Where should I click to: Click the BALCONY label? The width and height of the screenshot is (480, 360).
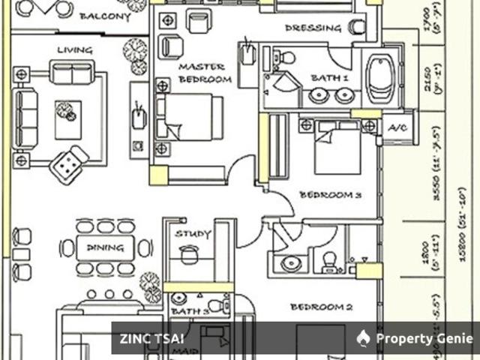(106, 16)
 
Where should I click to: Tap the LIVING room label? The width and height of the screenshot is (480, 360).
(75, 50)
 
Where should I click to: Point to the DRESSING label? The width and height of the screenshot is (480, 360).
(313, 28)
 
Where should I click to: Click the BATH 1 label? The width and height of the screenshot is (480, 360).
(331, 78)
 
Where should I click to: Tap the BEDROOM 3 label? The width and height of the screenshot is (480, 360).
(331, 195)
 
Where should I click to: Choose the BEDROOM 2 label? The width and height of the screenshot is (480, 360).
(322, 307)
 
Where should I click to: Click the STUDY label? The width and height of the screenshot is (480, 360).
(193, 234)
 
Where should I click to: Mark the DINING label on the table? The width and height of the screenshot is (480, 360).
(100, 246)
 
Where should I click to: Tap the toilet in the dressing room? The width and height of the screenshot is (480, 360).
(356, 28)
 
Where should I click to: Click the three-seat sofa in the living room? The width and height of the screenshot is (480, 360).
(27, 118)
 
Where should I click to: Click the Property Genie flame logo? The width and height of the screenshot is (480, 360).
(364, 338)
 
